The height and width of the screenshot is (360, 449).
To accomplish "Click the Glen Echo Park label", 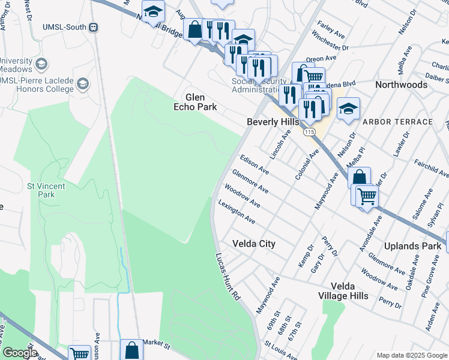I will (195, 102).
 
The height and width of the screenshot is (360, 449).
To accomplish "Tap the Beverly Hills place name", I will (273, 122).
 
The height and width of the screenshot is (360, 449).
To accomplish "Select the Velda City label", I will (254, 244).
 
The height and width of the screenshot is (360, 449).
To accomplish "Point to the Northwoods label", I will (402, 85).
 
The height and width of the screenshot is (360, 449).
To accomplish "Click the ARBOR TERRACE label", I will (397, 122).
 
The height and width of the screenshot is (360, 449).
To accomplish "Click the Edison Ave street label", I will (253, 164).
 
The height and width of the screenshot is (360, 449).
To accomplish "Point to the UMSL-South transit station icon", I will (93, 27).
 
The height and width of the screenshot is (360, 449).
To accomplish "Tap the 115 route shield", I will (309, 131).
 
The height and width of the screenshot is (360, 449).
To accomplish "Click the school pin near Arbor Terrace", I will (348, 109).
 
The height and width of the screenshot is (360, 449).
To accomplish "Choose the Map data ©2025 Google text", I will (411, 355).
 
